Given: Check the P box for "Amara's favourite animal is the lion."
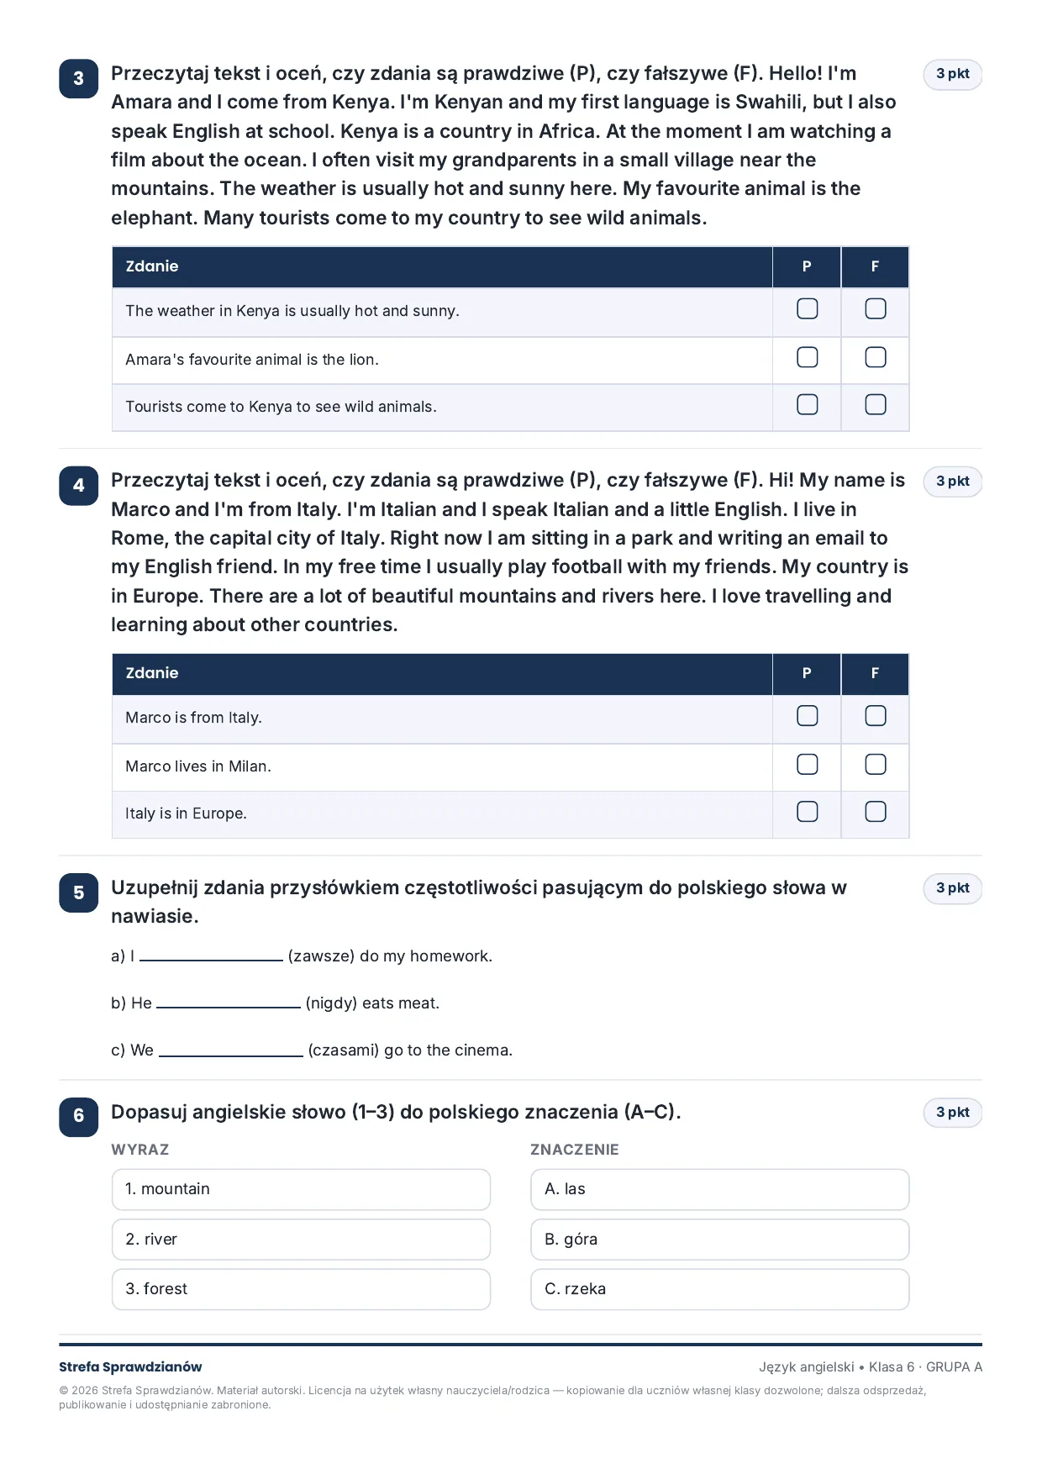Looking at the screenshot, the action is coord(807,357).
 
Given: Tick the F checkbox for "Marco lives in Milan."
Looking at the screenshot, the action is coord(875,764).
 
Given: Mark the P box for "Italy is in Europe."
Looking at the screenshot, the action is coord(807,811).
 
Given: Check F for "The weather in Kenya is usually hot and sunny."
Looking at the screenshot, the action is coord(875,308).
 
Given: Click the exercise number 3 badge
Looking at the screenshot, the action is coord(78,78).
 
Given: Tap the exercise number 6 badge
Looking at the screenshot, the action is coord(78,1116).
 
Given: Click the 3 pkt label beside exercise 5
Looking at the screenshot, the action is coord(952,888).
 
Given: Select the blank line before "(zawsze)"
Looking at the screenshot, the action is coord(211,960).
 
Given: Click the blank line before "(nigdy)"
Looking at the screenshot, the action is coord(229,1007).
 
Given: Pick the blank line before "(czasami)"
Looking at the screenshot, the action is coord(231,1054).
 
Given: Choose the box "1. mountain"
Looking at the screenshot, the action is coord(301,1189).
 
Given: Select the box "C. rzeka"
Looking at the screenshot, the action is coord(719,1289).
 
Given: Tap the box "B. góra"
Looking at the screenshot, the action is coord(719,1240).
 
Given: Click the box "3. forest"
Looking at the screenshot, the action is coord(301,1289).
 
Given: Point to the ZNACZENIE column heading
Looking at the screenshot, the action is coord(574,1150).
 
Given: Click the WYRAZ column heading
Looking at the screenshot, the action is coord(140,1150).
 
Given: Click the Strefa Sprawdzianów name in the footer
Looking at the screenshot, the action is coord(130,1366).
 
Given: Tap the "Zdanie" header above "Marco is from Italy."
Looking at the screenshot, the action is coord(152,673).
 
